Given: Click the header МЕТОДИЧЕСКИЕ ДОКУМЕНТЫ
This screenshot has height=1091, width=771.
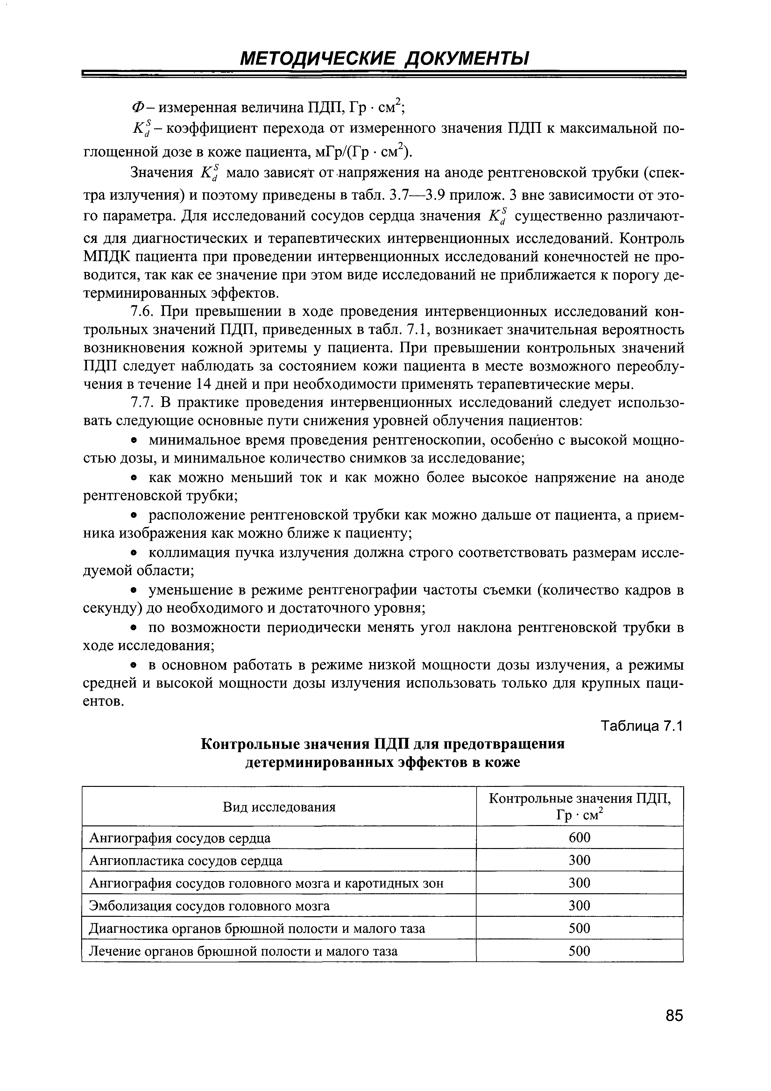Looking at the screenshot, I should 384,59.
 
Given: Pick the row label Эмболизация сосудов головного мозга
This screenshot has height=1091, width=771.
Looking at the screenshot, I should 209,906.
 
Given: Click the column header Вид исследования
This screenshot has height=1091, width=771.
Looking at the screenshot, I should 279,807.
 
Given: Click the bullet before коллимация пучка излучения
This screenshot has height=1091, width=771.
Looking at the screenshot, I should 135,553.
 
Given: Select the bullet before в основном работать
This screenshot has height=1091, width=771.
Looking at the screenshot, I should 135,666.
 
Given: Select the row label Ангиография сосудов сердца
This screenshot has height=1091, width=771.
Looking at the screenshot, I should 180,838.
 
